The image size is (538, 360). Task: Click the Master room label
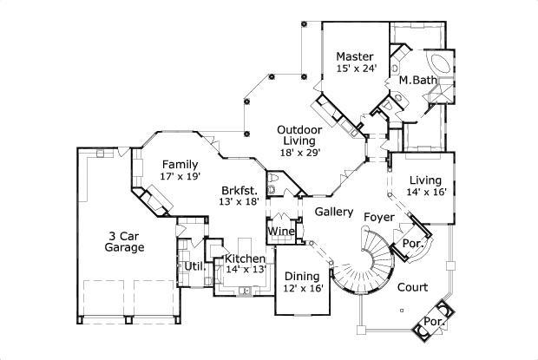[x=356, y=57]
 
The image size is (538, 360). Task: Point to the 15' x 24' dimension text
[x=356, y=69]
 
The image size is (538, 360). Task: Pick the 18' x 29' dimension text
[x=299, y=153]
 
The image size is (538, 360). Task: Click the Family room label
[x=180, y=164]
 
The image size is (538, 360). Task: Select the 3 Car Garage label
[x=125, y=240]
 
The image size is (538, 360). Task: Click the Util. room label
[x=194, y=265]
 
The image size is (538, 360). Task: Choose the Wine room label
[x=279, y=232]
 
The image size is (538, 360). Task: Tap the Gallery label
[x=333, y=212]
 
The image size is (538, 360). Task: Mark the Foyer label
[x=379, y=215]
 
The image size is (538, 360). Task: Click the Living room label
[x=426, y=180]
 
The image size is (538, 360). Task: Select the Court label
[x=412, y=286]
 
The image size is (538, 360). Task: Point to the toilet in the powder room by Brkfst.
[x=273, y=190]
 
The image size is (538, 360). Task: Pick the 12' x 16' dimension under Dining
[x=302, y=289]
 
